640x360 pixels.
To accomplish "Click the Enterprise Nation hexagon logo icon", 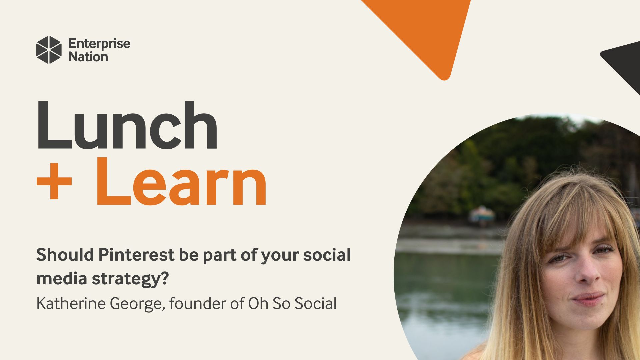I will pos(49,50).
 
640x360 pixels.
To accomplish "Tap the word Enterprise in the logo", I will pos(99,44).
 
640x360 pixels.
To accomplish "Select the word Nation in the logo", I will pos(88,57).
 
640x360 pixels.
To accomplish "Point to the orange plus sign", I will pos(54,183).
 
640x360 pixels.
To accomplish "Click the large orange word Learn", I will pos(182,182).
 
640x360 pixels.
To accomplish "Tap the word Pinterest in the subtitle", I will pos(136,255).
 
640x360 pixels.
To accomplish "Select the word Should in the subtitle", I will pos(65,255).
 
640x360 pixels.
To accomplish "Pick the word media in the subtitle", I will pos(62,278).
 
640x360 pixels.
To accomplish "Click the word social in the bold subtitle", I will pos(327,255).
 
